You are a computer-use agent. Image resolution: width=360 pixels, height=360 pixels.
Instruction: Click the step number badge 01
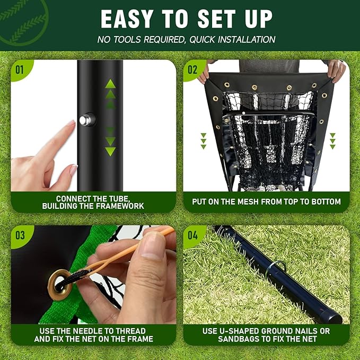coord(20,69)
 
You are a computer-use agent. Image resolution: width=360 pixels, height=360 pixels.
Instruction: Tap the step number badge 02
coord(192,69)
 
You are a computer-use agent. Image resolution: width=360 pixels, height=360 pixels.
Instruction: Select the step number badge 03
coord(20,235)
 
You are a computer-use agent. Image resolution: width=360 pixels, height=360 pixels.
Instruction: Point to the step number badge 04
coord(192,235)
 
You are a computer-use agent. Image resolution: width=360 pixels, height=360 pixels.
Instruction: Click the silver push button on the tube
coord(85,120)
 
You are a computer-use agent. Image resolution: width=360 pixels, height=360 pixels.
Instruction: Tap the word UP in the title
coord(257,19)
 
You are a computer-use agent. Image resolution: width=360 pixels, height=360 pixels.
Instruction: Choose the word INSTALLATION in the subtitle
coord(244,39)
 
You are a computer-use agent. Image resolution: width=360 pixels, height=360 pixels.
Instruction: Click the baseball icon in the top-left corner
coord(21,19)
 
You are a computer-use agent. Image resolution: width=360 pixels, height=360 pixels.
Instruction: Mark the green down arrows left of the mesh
coord(204,141)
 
